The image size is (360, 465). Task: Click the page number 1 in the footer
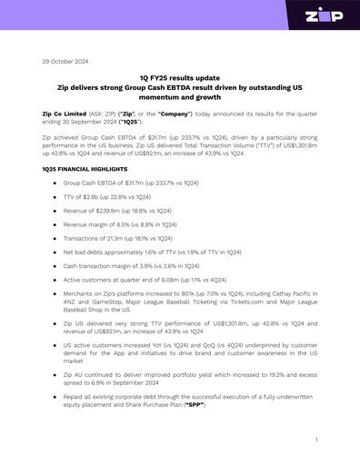click(315, 439)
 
